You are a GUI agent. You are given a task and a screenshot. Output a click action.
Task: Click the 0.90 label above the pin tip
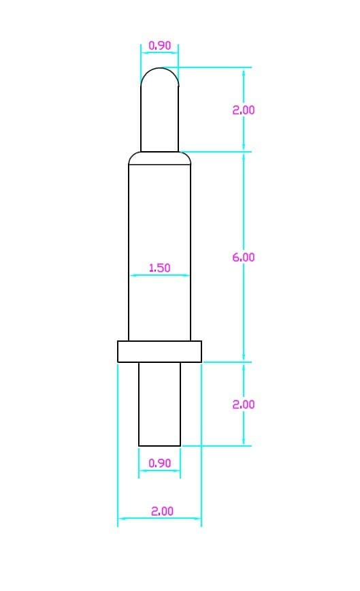[x=160, y=46]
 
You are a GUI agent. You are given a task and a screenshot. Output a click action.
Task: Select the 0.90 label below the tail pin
[x=160, y=463]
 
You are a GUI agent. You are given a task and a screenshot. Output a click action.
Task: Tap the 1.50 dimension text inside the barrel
[x=160, y=268]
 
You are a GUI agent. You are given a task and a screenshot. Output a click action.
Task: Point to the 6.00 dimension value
[x=243, y=257]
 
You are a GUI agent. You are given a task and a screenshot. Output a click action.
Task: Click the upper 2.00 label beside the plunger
[x=243, y=110]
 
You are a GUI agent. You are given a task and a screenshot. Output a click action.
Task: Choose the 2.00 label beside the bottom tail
[x=243, y=404]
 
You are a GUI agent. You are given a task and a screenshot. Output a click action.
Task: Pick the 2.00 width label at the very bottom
[x=162, y=511]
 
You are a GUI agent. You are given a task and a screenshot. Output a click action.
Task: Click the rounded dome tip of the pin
[x=160, y=68]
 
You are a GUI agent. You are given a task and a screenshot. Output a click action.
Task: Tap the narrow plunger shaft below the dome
[x=160, y=118]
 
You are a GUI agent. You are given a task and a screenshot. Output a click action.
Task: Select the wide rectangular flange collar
[x=159, y=351]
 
